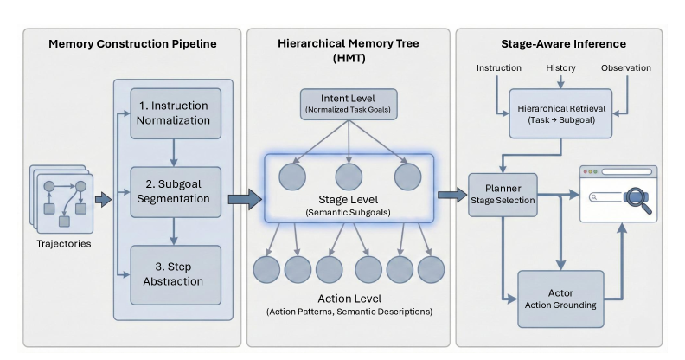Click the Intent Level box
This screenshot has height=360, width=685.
(349, 105)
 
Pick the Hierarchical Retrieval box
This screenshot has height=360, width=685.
(561, 113)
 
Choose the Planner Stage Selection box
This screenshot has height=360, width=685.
(503, 195)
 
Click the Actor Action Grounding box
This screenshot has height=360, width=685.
(561, 299)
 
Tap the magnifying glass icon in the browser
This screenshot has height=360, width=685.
(637, 199)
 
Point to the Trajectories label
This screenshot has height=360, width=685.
(64, 244)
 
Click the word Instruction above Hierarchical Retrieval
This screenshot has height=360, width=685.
(499, 68)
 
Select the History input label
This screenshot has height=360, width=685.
(561, 68)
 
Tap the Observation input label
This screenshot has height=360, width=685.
(626, 68)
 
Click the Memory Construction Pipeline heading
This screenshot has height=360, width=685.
(132, 43)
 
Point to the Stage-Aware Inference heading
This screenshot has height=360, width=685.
(564, 43)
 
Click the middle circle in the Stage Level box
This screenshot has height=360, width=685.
(349, 177)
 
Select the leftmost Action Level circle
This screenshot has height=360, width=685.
(266, 269)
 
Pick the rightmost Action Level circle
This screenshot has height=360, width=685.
(432, 269)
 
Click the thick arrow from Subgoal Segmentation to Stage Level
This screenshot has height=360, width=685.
(245, 199)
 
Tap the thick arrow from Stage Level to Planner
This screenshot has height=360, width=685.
(452, 195)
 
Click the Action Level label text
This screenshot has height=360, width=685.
(349, 299)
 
